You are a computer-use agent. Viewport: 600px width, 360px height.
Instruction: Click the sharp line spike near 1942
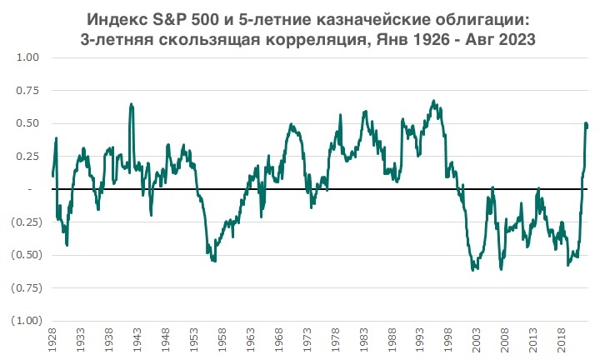coord(131,104)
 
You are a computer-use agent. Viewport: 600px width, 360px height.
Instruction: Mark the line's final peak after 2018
coord(586,123)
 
